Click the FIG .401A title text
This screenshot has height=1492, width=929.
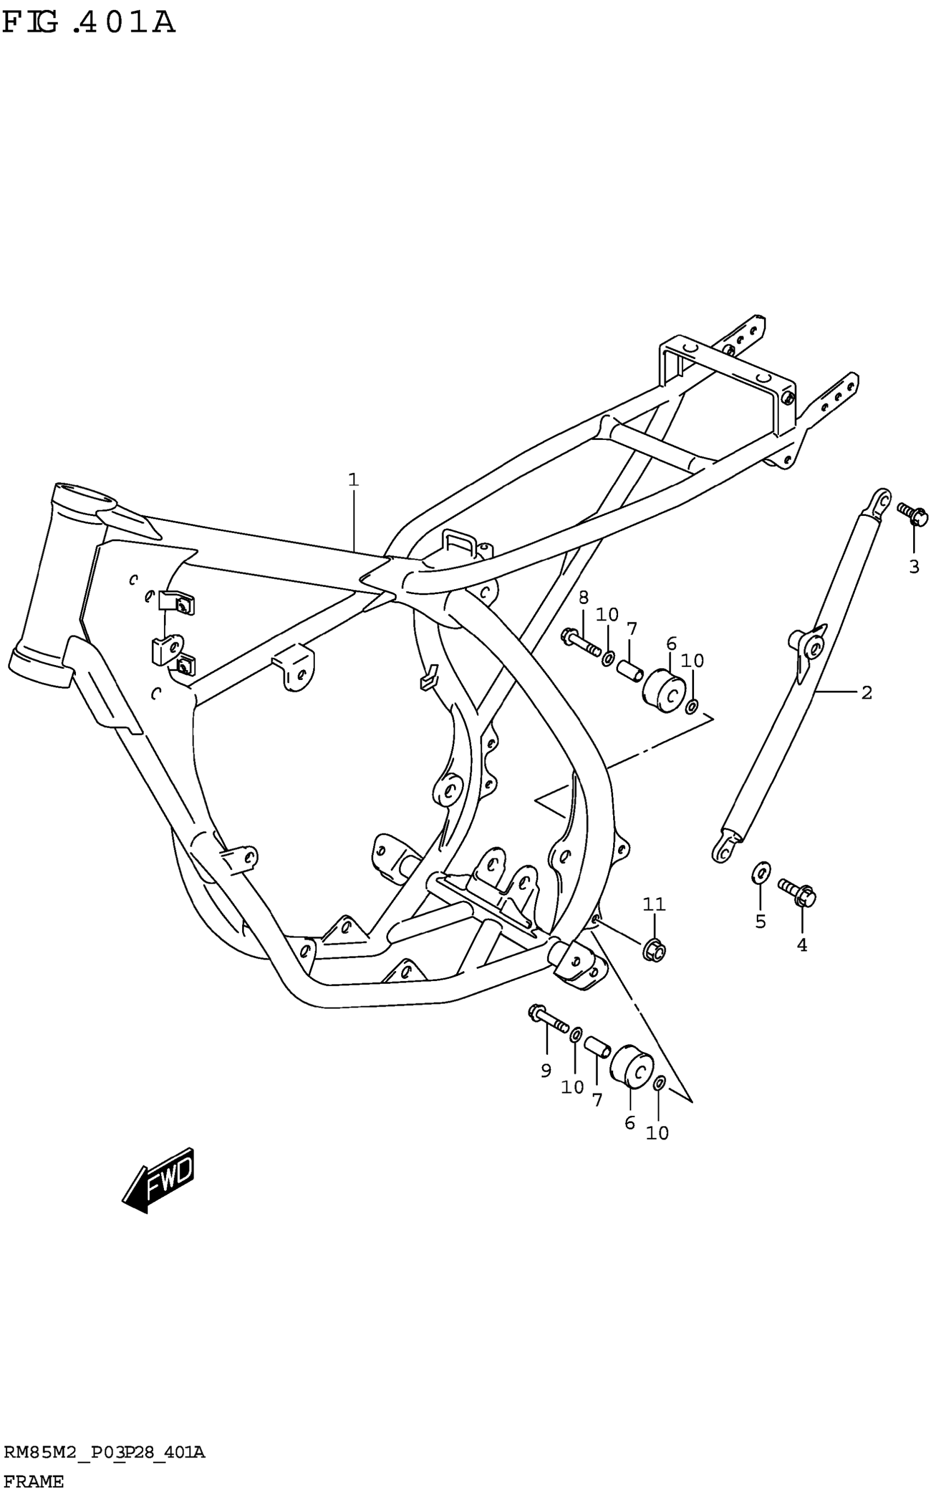tap(89, 23)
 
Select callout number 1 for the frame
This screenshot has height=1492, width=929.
tap(353, 479)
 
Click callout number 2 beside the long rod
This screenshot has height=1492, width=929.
tap(866, 692)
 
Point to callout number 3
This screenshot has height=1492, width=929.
tap(914, 567)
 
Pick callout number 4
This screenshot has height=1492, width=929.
tap(802, 945)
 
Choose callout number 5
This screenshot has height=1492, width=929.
tap(761, 921)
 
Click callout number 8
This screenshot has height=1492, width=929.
tap(583, 596)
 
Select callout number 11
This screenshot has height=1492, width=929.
tap(654, 904)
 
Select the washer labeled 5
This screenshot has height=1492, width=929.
tap(761, 872)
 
